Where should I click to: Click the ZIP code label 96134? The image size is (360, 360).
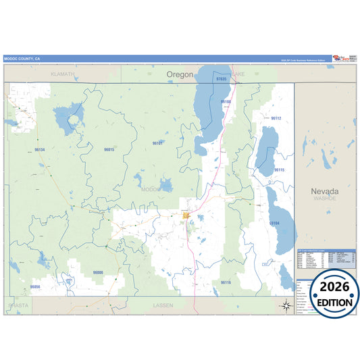click(x=40, y=149)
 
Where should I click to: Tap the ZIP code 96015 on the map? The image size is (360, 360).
click(x=109, y=149)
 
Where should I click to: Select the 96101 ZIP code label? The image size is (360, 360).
click(x=157, y=143)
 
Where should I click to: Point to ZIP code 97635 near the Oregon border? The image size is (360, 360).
click(x=222, y=79)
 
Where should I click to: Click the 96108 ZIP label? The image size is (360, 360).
click(x=226, y=102)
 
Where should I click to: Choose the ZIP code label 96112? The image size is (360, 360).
click(x=276, y=118)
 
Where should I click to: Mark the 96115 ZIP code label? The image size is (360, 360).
click(x=280, y=170)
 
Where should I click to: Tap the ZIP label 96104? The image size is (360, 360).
click(x=274, y=222)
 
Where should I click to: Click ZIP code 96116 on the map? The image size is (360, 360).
click(x=226, y=282)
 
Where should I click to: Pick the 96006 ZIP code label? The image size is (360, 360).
click(x=98, y=272)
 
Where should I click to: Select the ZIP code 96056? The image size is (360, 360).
click(x=35, y=287)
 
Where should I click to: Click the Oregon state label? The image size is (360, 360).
click(x=180, y=74)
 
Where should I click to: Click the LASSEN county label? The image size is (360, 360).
click(x=163, y=305)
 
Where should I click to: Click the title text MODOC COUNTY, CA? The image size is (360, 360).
click(x=22, y=59)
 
